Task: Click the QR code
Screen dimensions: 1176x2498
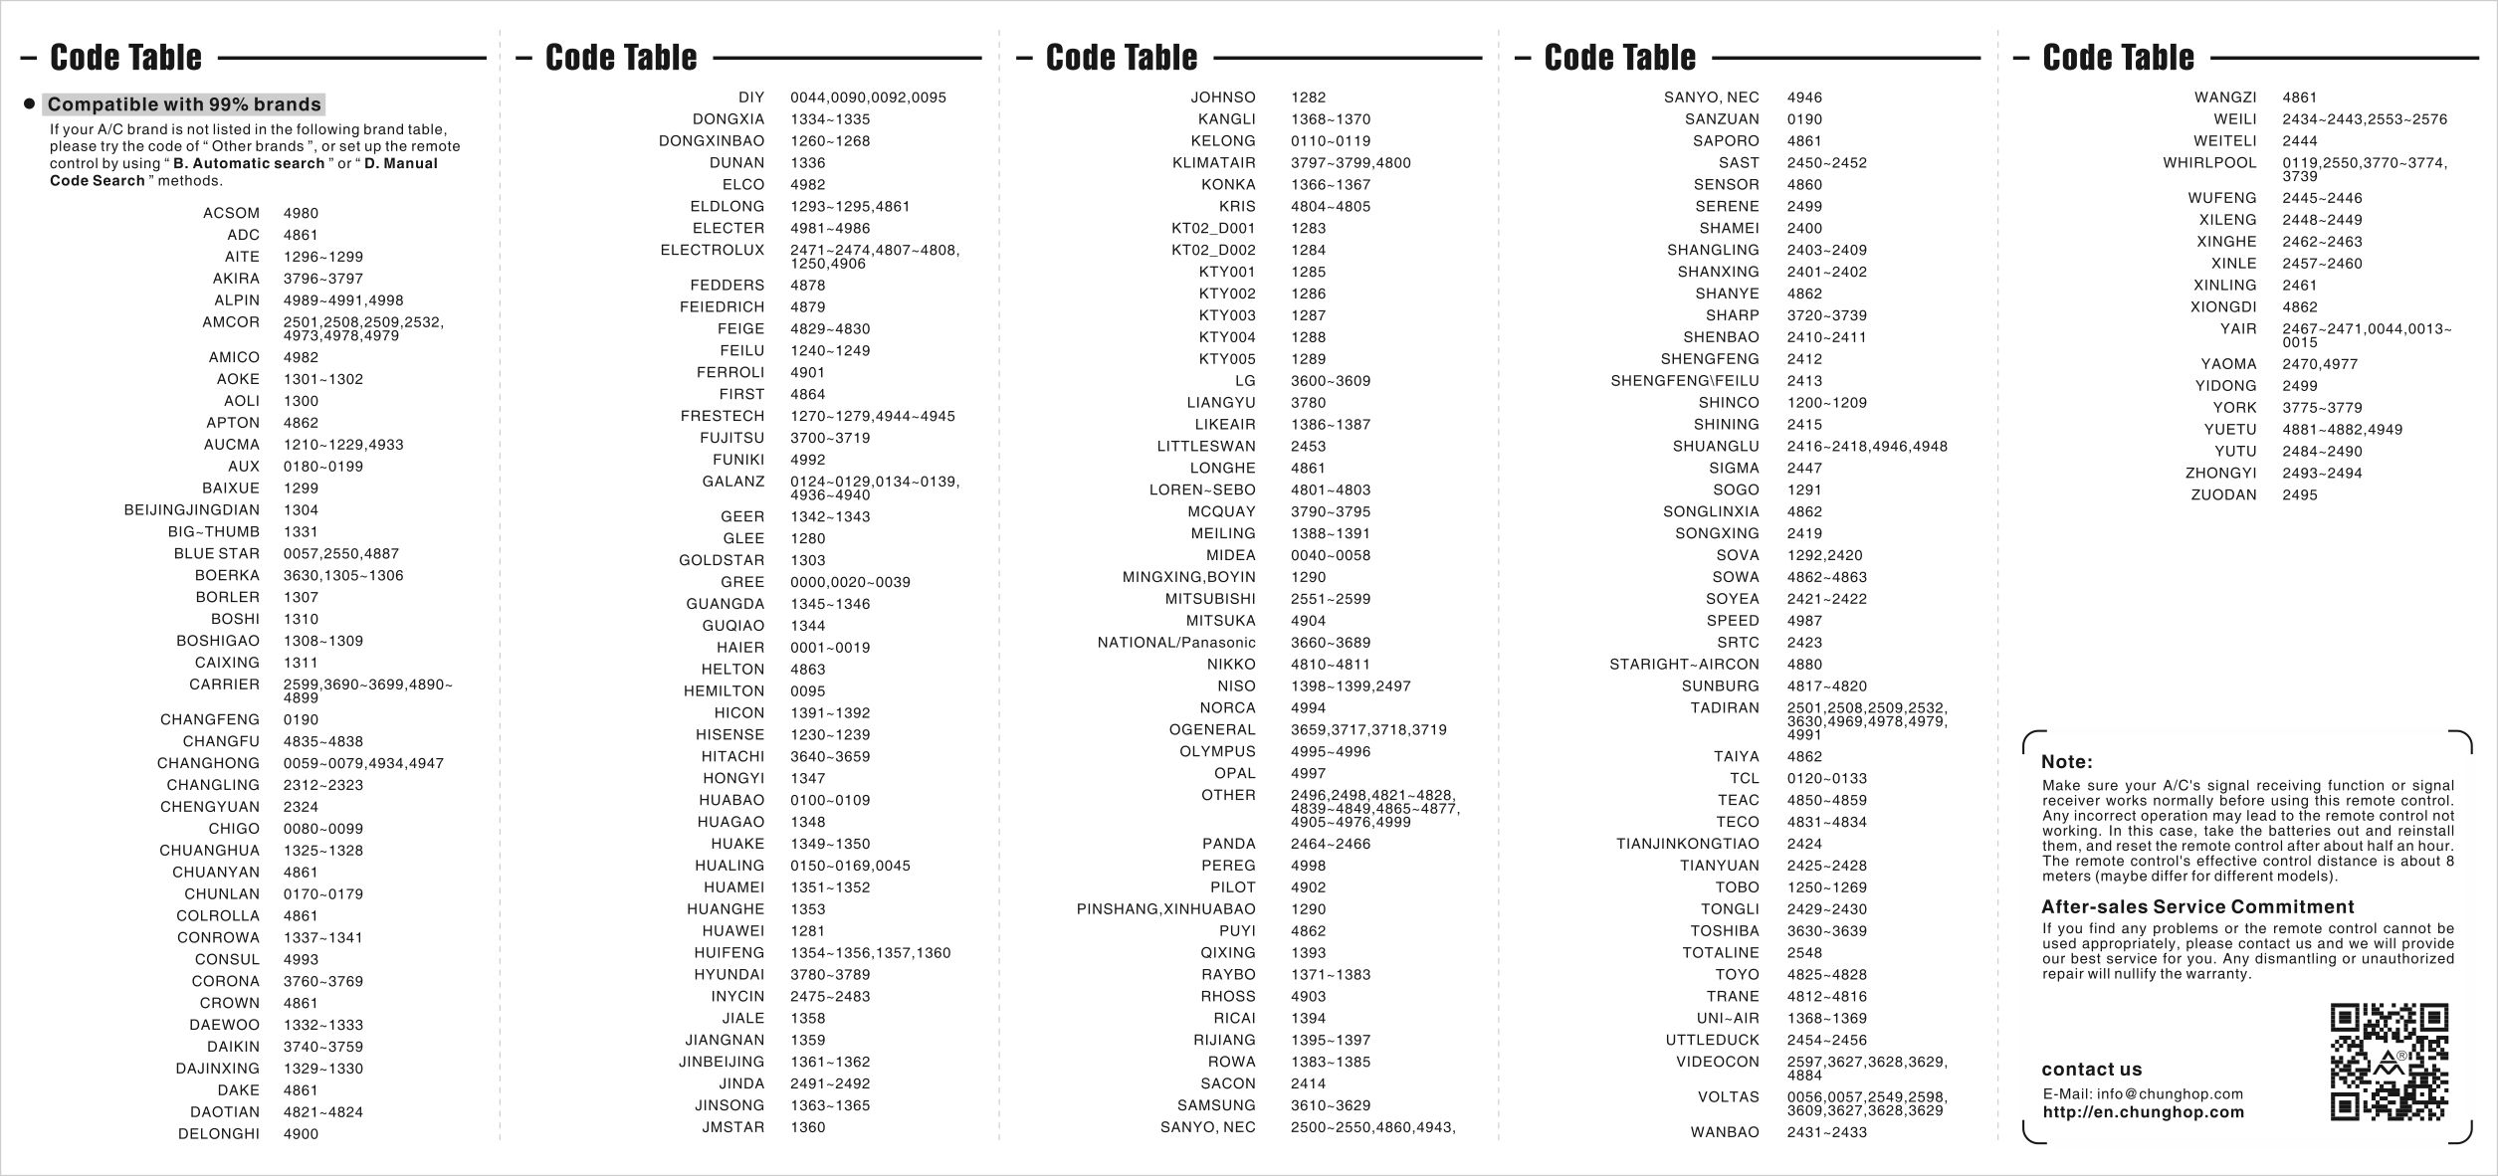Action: [2389, 1063]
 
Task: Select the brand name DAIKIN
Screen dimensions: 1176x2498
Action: [233, 1047]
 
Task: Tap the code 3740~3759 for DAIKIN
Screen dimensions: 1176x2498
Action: [322, 1047]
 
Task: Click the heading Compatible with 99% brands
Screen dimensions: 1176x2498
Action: [184, 104]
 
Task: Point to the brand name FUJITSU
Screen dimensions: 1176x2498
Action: [731, 438]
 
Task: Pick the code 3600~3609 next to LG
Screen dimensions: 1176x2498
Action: [1330, 381]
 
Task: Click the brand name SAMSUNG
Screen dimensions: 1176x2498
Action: [1216, 1105]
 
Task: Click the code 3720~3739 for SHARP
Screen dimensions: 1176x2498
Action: [1826, 315]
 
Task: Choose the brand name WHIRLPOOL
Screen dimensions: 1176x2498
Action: [2209, 163]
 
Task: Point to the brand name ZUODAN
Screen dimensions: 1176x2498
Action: [2223, 495]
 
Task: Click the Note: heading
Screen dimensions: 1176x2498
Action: [2066, 762]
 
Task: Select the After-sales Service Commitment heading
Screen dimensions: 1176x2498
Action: [2196, 906]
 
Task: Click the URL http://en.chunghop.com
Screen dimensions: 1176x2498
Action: [2143, 1112]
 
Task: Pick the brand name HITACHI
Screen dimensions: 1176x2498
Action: [732, 757]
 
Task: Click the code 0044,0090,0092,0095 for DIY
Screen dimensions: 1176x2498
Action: [868, 98]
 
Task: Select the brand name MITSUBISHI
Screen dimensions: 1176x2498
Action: [1210, 599]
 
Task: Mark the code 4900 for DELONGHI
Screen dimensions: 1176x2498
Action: [301, 1134]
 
